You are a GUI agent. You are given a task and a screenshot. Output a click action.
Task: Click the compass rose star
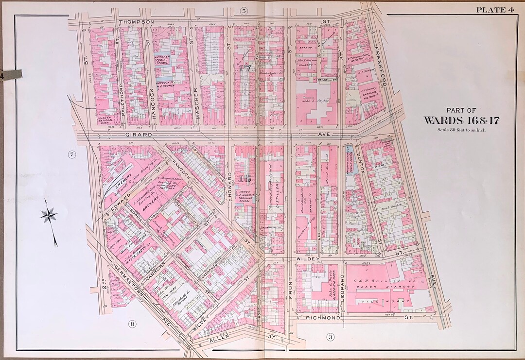point(49,214)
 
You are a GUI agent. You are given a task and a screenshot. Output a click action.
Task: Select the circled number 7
point(72,155)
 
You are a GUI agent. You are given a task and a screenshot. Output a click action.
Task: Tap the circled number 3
point(330,337)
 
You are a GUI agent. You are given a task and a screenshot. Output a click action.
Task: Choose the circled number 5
point(244,10)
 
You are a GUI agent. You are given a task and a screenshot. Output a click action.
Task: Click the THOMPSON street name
point(137,22)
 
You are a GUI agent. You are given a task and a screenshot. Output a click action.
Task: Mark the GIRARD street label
point(125,134)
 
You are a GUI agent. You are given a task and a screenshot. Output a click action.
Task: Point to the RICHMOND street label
point(322,318)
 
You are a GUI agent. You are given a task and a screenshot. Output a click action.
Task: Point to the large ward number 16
point(245,178)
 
